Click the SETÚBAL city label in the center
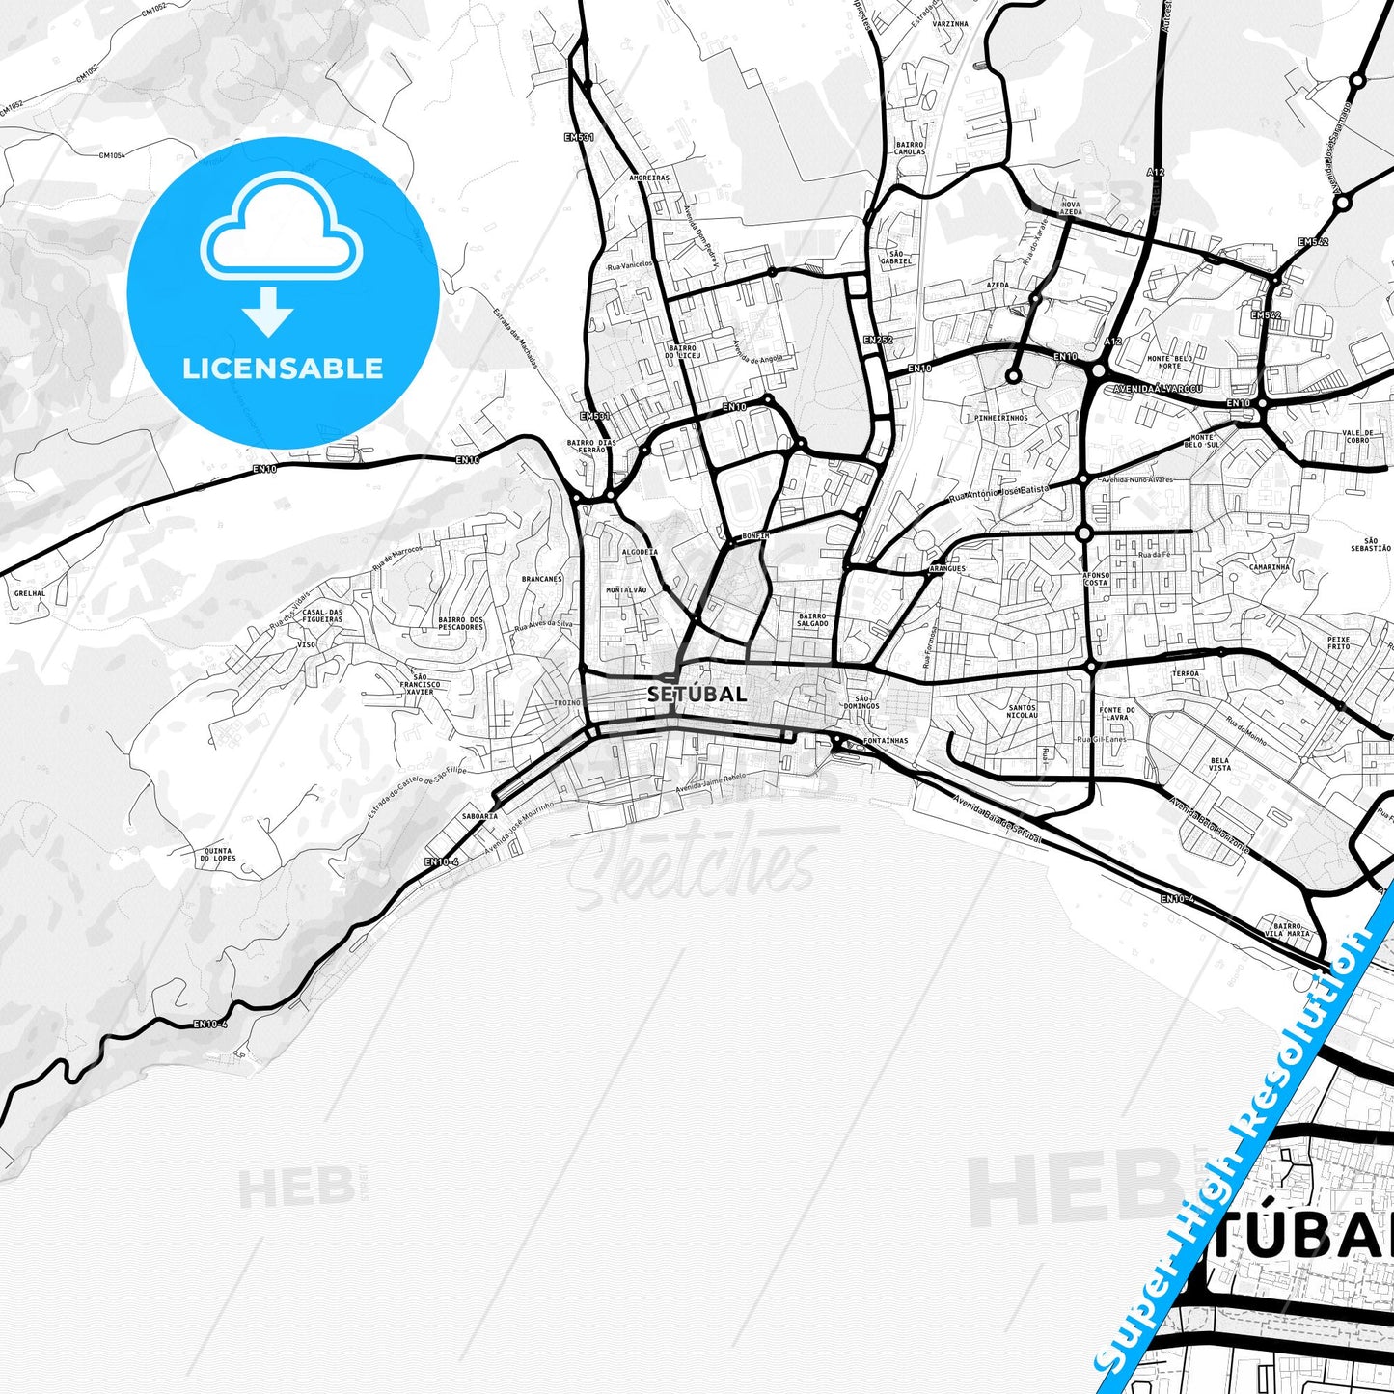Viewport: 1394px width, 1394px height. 697,694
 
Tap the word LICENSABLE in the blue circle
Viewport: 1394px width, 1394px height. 283,369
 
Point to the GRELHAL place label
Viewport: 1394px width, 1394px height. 30,594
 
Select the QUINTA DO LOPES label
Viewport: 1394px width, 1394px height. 218,855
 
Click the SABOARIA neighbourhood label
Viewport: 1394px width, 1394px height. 479,816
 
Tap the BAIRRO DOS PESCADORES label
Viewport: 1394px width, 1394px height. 460,623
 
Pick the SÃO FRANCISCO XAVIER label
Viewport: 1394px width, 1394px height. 420,684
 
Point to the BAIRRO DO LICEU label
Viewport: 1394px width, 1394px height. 682,352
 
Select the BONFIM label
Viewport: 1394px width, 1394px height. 755,536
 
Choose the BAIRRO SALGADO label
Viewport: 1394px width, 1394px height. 812,619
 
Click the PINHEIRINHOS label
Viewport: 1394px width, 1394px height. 1001,418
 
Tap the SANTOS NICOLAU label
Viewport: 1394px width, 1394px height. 1022,712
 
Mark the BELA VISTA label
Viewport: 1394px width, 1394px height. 1220,764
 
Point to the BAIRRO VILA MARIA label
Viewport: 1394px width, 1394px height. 1292,930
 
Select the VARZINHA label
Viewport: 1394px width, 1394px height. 950,24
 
